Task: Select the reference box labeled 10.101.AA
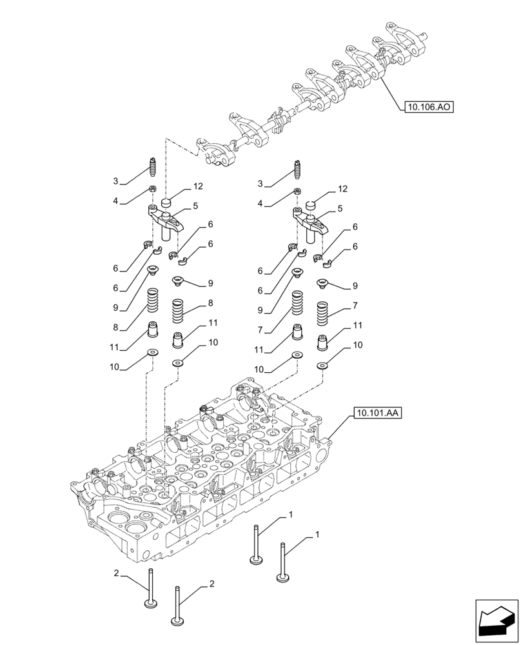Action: tap(377, 413)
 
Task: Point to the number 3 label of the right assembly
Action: tap(260, 184)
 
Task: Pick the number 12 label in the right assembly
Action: tap(342, 189)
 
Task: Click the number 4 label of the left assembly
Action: tap(115, 201)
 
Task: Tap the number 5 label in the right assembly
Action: tap(339, 209)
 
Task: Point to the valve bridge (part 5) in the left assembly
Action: tap(166, 221)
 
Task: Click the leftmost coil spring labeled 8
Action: tap(153, 300)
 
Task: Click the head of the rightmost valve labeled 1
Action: tap(282, 578)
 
